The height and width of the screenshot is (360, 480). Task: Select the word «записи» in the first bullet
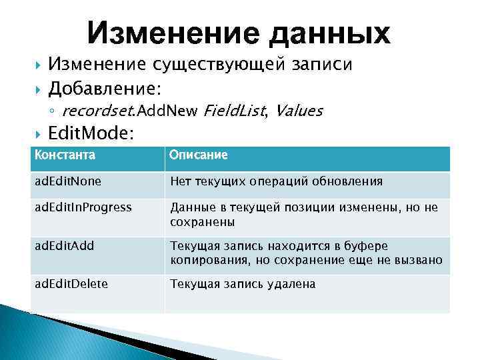(x=323, y=65)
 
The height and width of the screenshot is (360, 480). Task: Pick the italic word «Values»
(x=299, y=111)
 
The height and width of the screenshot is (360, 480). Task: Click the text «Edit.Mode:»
(x=91, y=134)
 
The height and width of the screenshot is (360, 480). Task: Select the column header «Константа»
(x=65, y=155)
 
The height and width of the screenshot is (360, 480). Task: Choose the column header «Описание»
(x=199, y=155)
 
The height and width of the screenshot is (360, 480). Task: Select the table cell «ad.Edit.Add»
(x=65, y=246)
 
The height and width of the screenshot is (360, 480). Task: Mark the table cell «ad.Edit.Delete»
(x=71, y=284)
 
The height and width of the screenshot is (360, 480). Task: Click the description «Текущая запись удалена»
(x=243, y=285)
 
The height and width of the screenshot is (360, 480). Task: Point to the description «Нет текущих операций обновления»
(x=276, y=181)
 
